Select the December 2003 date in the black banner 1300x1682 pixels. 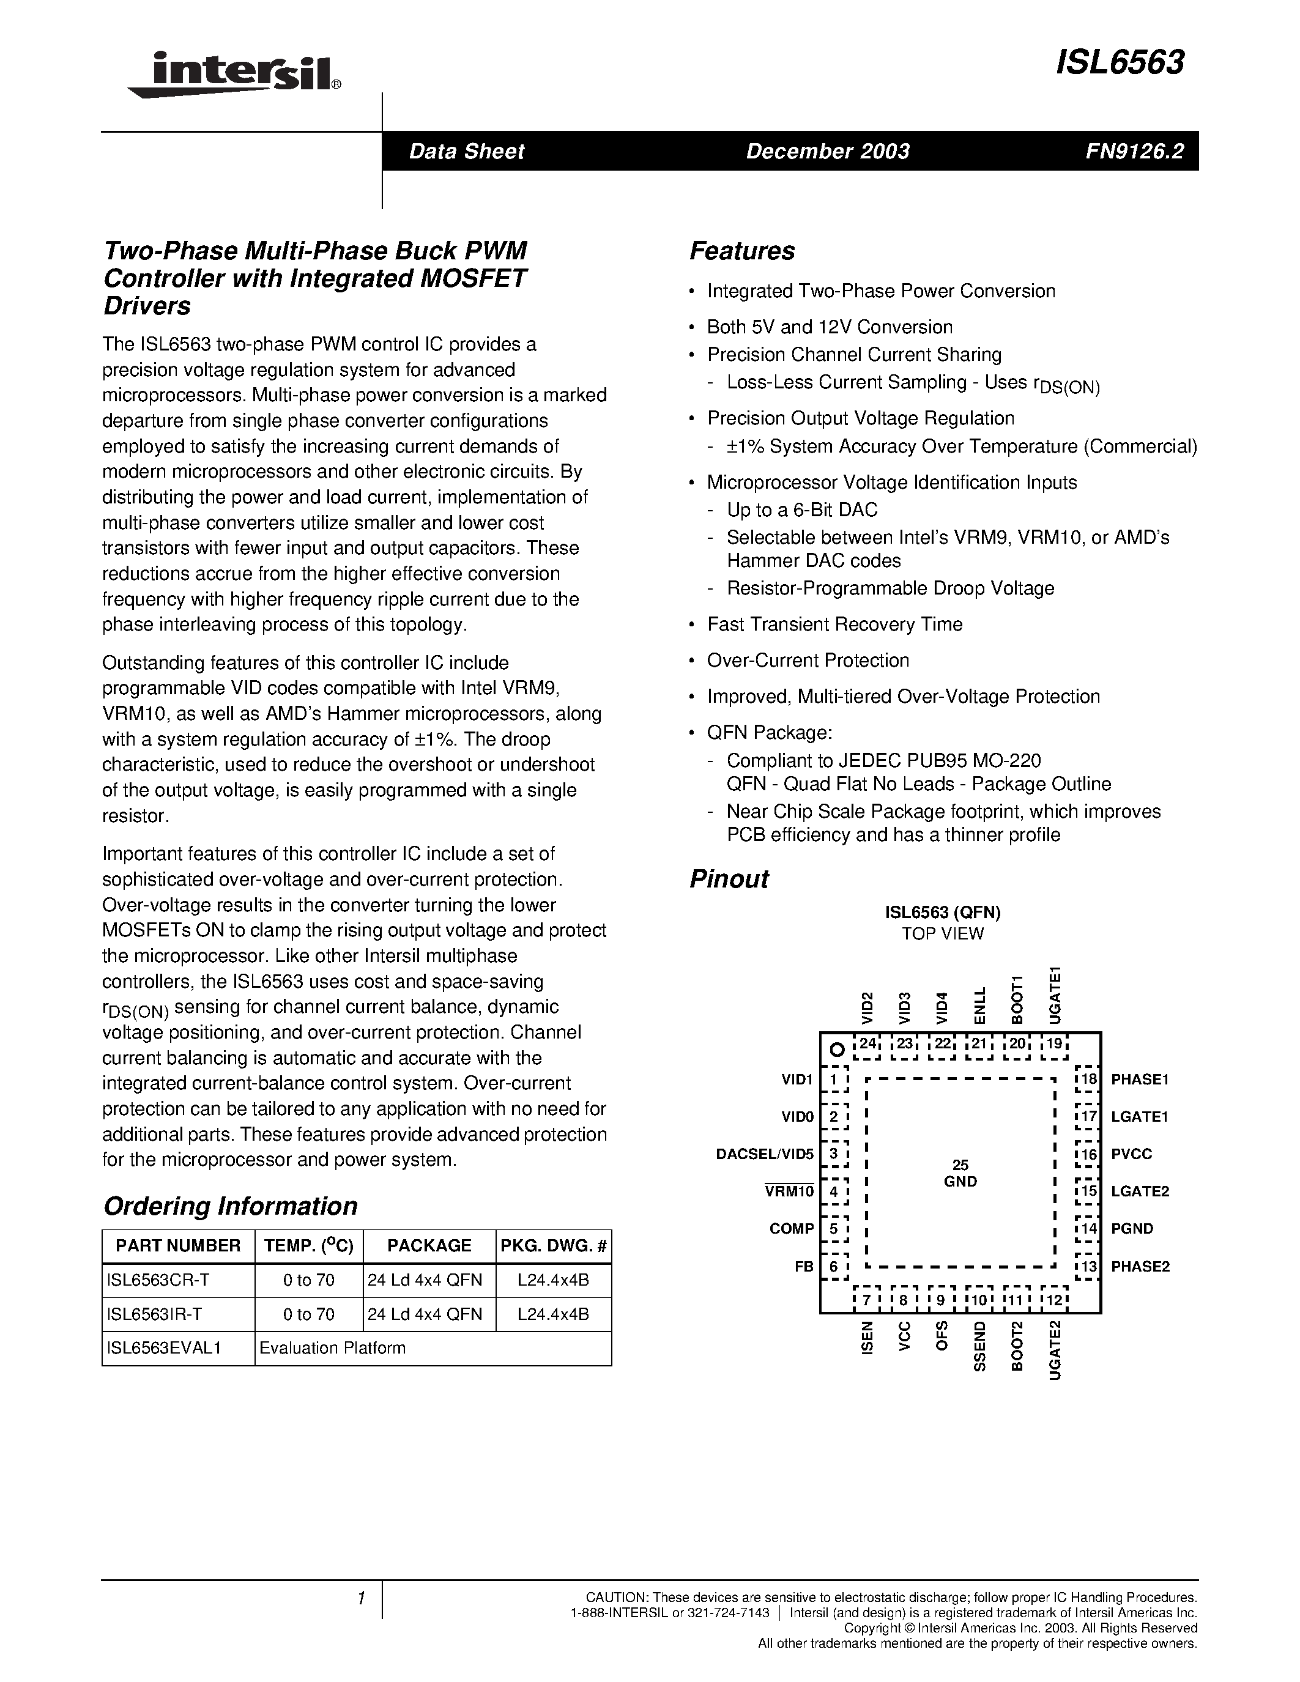827,151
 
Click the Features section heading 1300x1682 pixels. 741,251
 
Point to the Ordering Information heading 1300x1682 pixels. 230,1206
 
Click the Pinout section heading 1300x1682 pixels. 729,879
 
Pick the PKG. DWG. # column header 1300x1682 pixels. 554,1245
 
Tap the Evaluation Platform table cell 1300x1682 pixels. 333,1348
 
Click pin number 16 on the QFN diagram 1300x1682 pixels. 1088,1154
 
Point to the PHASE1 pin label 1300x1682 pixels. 1139,1080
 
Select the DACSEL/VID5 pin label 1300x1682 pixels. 764,1154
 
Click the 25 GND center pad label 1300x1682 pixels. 960,1173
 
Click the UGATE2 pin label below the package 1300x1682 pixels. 1055,1349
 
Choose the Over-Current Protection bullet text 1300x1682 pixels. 808,660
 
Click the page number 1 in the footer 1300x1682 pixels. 360,1599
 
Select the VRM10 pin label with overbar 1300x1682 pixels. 789,1191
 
